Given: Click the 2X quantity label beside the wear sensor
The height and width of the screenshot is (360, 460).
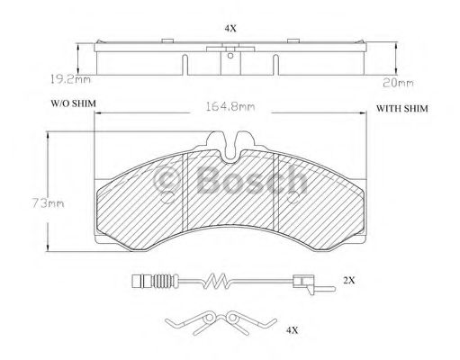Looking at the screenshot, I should click(x=349, y=282).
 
